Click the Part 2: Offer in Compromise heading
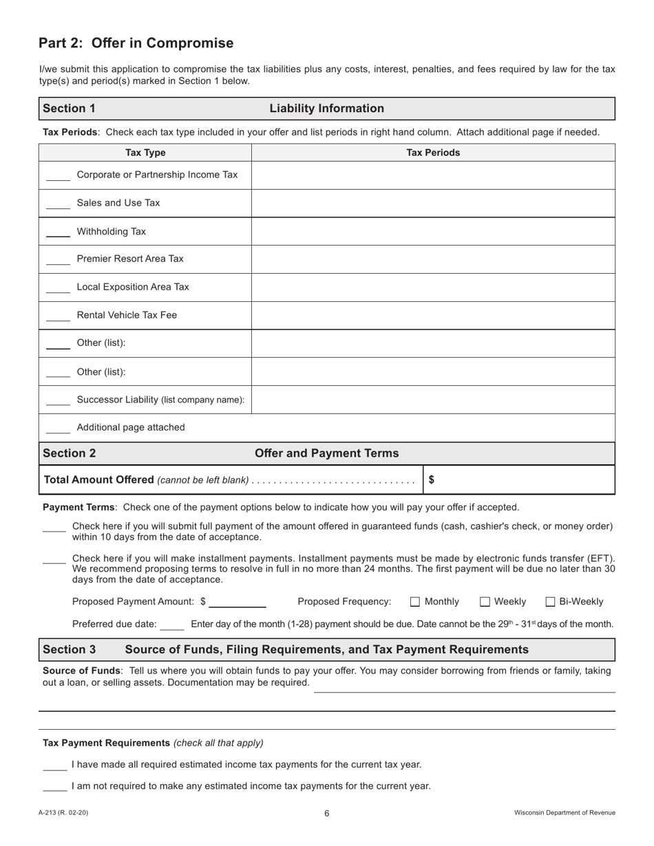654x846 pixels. point(136,43)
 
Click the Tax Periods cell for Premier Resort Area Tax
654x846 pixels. point(432,259)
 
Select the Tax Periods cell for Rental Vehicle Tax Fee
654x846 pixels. point(432,315)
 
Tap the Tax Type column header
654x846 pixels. point(145,153)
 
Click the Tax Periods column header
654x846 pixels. point(432,153)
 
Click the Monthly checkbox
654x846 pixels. point(415,602)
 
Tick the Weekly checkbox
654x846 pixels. point(485,602)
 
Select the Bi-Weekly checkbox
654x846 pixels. point(550,602)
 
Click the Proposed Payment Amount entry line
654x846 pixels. point(238,603)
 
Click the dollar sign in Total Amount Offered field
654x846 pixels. point(431,480)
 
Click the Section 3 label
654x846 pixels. point(70,649)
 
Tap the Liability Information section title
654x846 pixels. point(326,109)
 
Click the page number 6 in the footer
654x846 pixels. point(327,814)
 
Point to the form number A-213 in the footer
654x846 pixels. point(63,813)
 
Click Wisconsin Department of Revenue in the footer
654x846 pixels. point(565,813)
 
